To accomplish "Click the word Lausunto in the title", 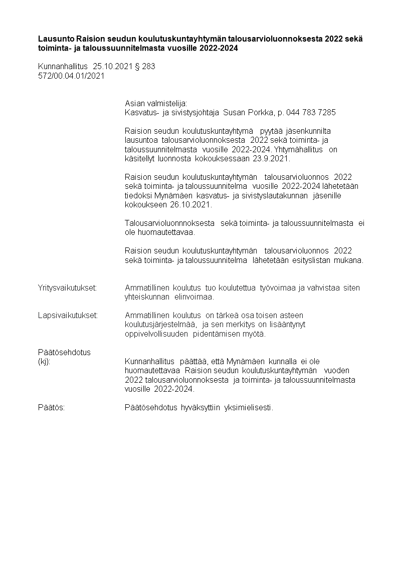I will (56, 39).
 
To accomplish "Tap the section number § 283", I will (145, 67).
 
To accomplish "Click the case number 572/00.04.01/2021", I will (71, 76).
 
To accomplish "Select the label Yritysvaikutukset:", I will (67, 288).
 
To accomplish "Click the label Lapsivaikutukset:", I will (68, 315).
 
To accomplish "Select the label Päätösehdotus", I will (64, 352).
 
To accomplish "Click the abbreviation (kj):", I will (44, 361).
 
